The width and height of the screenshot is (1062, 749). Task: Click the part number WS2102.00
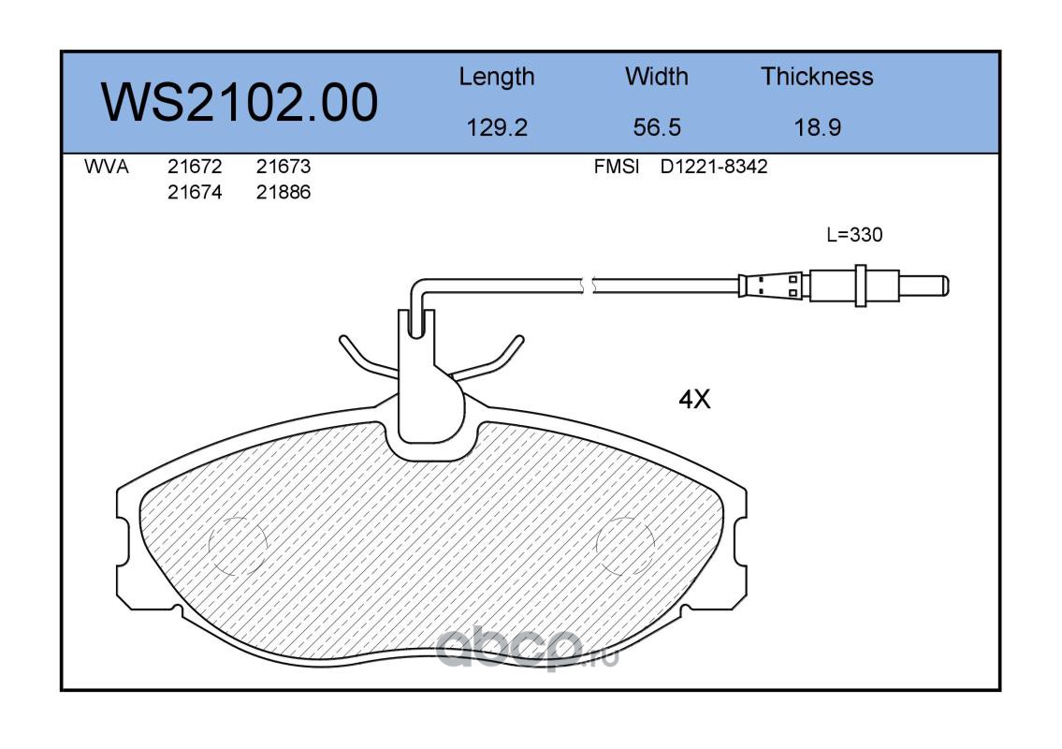[240, 102]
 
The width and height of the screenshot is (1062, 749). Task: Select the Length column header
[497, 78]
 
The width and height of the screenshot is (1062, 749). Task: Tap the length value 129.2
[497, 127]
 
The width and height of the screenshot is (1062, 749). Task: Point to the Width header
[656, 76]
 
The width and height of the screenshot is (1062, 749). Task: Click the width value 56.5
[657, 127]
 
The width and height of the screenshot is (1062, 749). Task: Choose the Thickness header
[817, 76]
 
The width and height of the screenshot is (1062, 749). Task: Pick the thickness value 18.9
[818, 127]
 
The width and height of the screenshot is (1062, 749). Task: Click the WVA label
[107, 167]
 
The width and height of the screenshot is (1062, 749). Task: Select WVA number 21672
[195, 167]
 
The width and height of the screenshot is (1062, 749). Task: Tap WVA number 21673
[284, 167]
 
